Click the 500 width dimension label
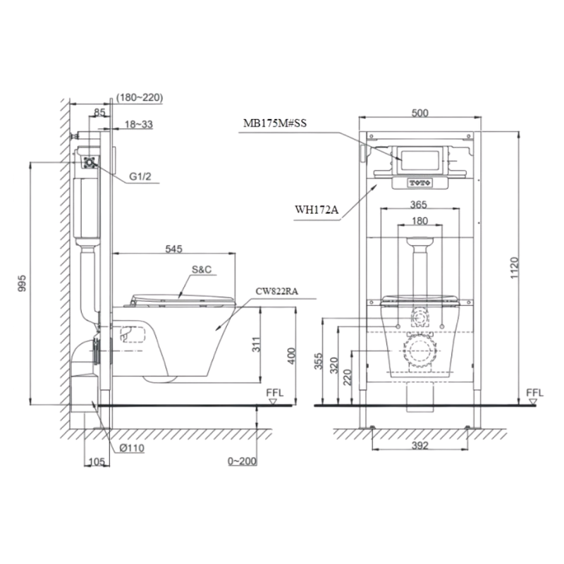point(419,113)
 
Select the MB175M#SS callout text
point(275,123)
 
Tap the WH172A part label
point(317,209)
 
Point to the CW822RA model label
point(276,291)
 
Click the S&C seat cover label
point(202,269)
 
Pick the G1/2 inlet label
point(140,177)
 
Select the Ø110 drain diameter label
point(132,448)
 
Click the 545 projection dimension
point(173,249)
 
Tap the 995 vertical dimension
point(22,283)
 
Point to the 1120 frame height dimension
point(515,268)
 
